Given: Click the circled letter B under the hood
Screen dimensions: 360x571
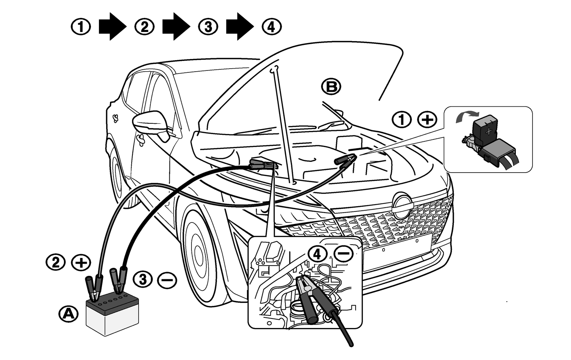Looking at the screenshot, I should pyautogui.click(x=331, y=87).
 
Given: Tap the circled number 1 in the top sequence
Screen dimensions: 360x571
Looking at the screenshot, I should pyautogui.click(x=81, y=27).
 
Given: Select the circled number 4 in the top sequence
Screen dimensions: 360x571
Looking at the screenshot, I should pyautogui.click(x=272, y=27).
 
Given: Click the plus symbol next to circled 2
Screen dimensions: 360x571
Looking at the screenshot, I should pyautogui.click(x=81, y=263).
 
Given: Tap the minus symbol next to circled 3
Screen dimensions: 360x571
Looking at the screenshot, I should pyautogui.click(x=167, y=281).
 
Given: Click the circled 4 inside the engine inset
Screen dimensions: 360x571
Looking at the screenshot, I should pyautogui.click(x=318, y=254).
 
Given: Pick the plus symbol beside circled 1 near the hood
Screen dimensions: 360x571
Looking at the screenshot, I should pyautogui.click(x=427, y=120).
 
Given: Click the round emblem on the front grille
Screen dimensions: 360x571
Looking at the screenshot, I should pyautogui.click(x=402, y=206).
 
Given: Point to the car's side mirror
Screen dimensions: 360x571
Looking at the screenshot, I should pyautogui.click(x=150, y=123).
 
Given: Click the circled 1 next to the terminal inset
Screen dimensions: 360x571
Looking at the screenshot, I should pyautogui.click(x=402, y=120).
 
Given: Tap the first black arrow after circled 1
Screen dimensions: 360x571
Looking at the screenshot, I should pyautogui.click(x=112, y=26).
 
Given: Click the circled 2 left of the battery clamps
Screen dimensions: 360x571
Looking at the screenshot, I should pyautogui.click(x=56, y=263).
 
